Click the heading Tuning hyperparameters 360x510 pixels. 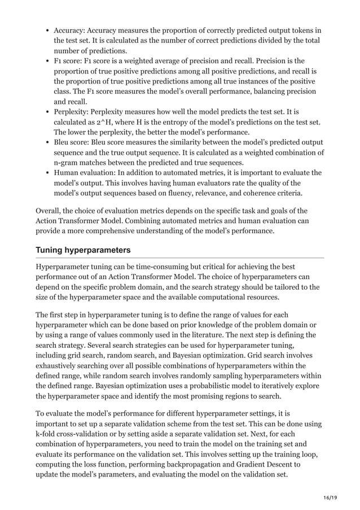pos(83,250)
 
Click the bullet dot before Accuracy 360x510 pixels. pos(46,30)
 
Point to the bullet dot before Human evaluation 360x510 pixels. pos(46,173)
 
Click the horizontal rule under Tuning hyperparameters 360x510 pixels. pos(179,258)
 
